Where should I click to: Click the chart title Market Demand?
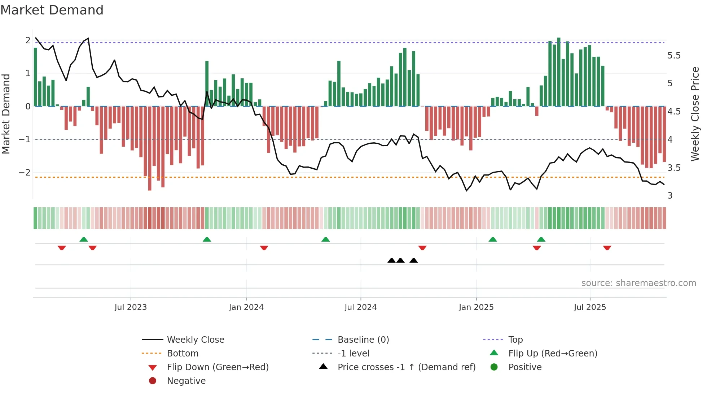point(52,10)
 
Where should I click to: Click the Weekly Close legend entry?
point(195,339)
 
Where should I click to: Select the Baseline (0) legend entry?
point(363,339)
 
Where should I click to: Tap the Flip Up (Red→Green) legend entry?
point(552,353)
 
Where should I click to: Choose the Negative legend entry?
point(186,381)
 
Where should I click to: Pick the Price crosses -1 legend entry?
point(406,367)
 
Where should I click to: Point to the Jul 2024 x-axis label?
point(360,307)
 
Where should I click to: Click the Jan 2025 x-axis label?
point(476,307)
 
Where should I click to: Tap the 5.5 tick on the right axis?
point(674,56)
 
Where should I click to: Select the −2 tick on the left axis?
point(25,172)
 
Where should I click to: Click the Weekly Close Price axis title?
point(695,114)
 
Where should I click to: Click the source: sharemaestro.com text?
point(638,283)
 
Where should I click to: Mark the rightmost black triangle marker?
point(414,260)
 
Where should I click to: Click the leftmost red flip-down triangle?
point(62,248)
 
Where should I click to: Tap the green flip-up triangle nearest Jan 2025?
point(493,239)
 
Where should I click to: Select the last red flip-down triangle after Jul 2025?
point(607,248)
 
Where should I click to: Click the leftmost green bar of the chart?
point(35,77)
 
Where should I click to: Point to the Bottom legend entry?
point(182,353)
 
